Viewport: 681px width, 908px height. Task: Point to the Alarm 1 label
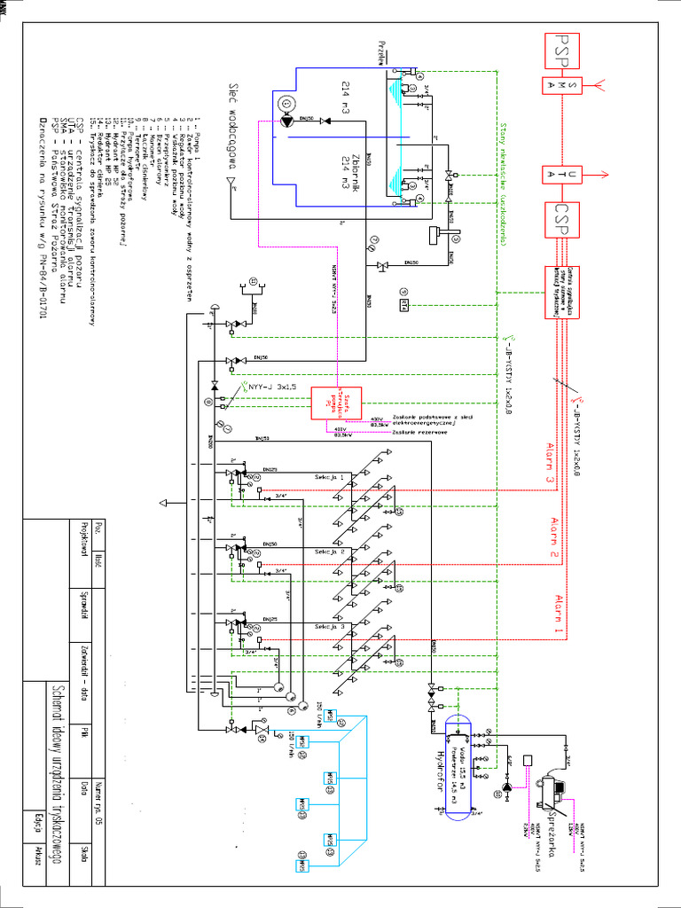pos(559,617)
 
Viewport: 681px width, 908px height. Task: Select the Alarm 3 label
pos(551,462)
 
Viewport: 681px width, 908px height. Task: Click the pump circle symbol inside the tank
pos(286,105)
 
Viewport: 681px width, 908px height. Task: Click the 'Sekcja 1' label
pos(329,477)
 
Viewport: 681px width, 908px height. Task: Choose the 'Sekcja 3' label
pos(329,627)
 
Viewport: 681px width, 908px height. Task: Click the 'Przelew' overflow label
pos(383,51)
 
